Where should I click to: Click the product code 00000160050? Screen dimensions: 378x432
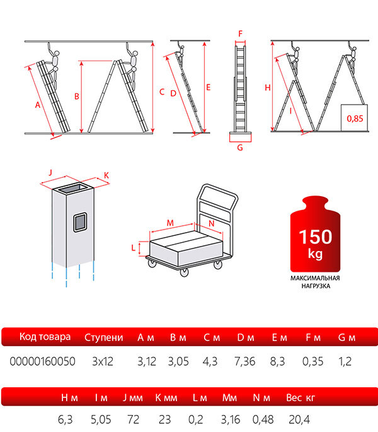pyautogui.click(x=42, y=361)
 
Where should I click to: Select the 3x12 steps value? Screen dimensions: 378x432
pyautogui.click(x=103, y=361)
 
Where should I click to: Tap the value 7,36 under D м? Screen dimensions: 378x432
pyautogui.click(x=244, y=361)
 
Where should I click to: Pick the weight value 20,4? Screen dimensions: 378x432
pyautogui.click(x=299, y=419)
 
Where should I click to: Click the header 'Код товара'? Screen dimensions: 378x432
pyautogui.click(x=45, y=337)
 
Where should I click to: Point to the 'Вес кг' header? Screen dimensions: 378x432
pyautogui.click(x=301, y=397)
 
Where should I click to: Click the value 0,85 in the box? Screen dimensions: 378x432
pyautogui.click(x=355, y=119)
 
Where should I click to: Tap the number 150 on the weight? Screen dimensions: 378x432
pyautogui.click(x=316, y=236)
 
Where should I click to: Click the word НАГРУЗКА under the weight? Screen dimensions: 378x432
pyautogui.click(x=316, y=286)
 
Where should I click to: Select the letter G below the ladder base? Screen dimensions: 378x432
pyautogui.click(x=240, y=148)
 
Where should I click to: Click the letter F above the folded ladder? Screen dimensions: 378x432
pyautogui.click(x=241, y=33)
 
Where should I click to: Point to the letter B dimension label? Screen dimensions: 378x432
pyautogui.click(x=77, y=96)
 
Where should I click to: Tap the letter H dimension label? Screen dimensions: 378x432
pyautogui.click(x=268, y=88)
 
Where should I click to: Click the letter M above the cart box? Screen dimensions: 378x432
pyautogui.click(x=170, y=223)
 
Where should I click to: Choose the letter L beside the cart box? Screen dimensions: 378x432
pyautogui.click(x=134, y=248)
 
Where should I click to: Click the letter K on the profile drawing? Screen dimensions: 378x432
pyautogui.click(x=106, y=175)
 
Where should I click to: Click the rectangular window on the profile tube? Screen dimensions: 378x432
pyautogui.click(x=80, y=222)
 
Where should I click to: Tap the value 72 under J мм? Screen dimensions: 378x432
pyautogui.click(x=134, y=419)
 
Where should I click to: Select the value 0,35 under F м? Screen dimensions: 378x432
pyautogui.click(x=312, y=361)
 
